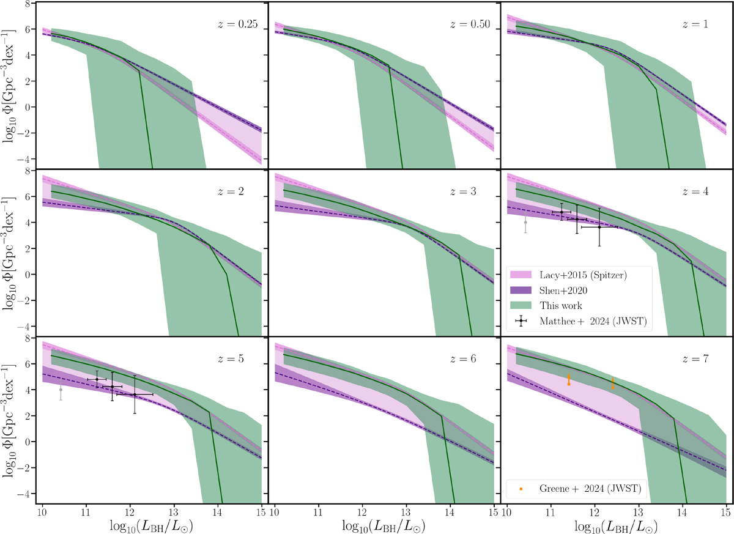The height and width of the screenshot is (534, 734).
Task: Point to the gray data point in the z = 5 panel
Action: click(61, 390)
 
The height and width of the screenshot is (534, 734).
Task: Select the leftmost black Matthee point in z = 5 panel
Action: click(97, 379)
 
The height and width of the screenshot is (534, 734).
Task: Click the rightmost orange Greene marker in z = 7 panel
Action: click(613, 384)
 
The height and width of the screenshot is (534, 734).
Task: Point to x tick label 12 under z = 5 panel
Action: click(130, 510)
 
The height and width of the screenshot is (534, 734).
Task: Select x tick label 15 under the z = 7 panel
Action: click(725, 510)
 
